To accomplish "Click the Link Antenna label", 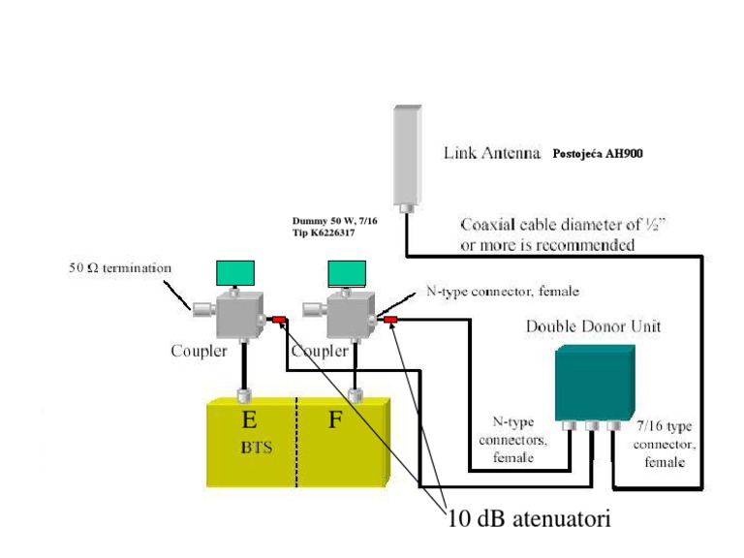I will (x=491, y=152).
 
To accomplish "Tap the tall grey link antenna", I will (x=408, y=155).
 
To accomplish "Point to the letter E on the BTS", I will (x=249, y=419).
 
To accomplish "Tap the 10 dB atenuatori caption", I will (x=529, y=519).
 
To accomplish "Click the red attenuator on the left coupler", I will (x=279, y=320).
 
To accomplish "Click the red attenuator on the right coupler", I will (x=391, y=319).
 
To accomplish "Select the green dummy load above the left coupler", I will (x=235, y=274).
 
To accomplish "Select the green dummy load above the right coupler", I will (x=347, y=274).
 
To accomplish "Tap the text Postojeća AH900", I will (x=598, y=153).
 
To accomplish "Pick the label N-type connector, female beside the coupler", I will (x=503, y=291).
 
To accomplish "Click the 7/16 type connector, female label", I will (x=666, y=444).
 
